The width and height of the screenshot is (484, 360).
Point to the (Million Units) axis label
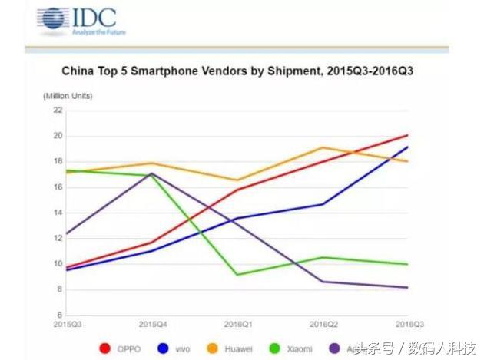tap(67, 96)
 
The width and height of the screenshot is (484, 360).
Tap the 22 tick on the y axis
tap(57, 110)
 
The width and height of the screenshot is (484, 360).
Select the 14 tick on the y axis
tap(57, 213)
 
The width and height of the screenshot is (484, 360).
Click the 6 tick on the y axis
tap(58, 315)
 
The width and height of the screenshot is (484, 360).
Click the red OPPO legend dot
tap(105, 348)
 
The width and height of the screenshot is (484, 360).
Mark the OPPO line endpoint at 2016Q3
tap(407, 135)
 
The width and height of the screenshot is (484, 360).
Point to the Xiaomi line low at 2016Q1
tap(237, 274)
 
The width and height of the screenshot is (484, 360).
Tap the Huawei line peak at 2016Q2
tap(323, 147)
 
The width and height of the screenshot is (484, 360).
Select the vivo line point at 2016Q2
tap(323, 204)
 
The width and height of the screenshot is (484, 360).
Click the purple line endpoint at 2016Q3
tap(407, 287)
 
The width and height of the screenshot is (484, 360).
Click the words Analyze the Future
tap(99, 32)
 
